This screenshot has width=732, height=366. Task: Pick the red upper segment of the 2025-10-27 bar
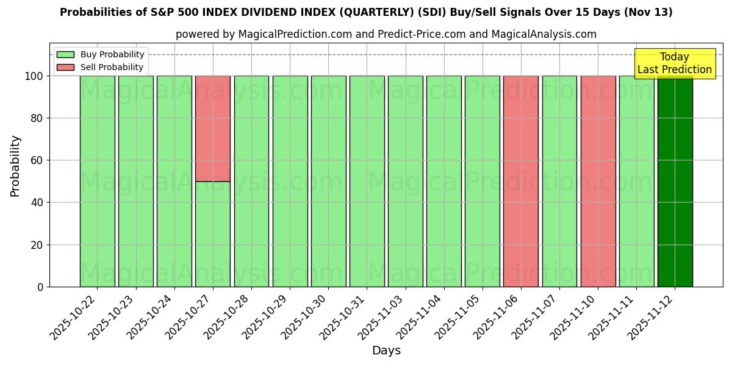tap(213, 129)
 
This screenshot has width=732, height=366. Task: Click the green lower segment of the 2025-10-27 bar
tap(213, 234)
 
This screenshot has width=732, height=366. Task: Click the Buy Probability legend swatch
tap(65, 55)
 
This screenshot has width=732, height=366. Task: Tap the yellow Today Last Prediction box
tap(674, 63)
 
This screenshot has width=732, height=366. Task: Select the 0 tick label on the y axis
tap(40, 287)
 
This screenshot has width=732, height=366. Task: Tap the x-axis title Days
tap(386, 351)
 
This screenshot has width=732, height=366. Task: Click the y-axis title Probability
tap(15, 165)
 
